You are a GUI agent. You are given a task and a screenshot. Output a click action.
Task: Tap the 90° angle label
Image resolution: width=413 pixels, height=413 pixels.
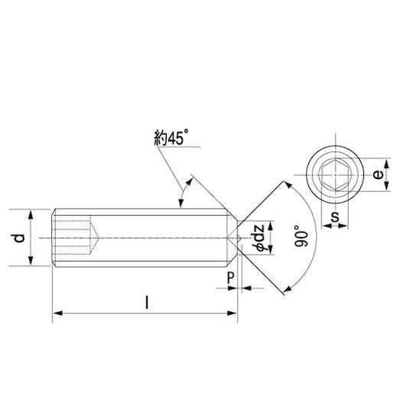301,236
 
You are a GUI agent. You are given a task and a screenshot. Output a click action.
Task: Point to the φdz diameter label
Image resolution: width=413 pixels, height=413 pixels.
258,238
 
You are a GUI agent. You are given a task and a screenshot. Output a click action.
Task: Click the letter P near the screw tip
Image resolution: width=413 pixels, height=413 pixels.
230,278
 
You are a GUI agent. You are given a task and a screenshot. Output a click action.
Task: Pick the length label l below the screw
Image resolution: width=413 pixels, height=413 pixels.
147,302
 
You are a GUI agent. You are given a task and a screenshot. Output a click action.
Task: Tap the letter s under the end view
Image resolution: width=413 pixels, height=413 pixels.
335,216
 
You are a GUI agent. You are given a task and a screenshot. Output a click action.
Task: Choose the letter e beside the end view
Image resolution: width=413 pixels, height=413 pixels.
378,174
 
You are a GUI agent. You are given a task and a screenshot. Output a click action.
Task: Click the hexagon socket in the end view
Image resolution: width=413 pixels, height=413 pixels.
335,174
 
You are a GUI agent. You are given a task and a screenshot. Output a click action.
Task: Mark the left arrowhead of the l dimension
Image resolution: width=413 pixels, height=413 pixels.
57,313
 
